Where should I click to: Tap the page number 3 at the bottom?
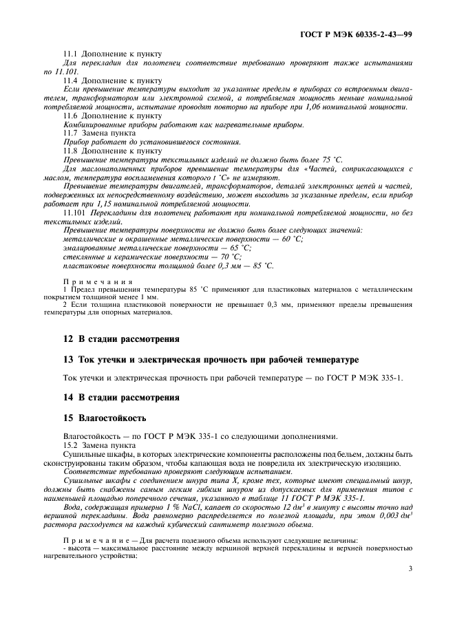tap(410, 568)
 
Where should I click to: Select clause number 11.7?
tap(71, 133)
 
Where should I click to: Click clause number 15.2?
tap(71, 446)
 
